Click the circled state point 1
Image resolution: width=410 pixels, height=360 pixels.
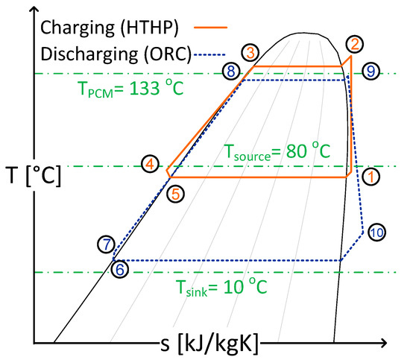pos(370,177)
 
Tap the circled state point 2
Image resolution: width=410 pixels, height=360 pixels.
pos(356,43)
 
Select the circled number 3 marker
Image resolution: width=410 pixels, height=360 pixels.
pos(250,51)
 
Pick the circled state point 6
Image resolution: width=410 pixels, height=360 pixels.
pos(120,269)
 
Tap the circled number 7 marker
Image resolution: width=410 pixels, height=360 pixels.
pos(107,244)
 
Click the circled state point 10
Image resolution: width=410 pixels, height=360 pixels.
pos(376,232)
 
